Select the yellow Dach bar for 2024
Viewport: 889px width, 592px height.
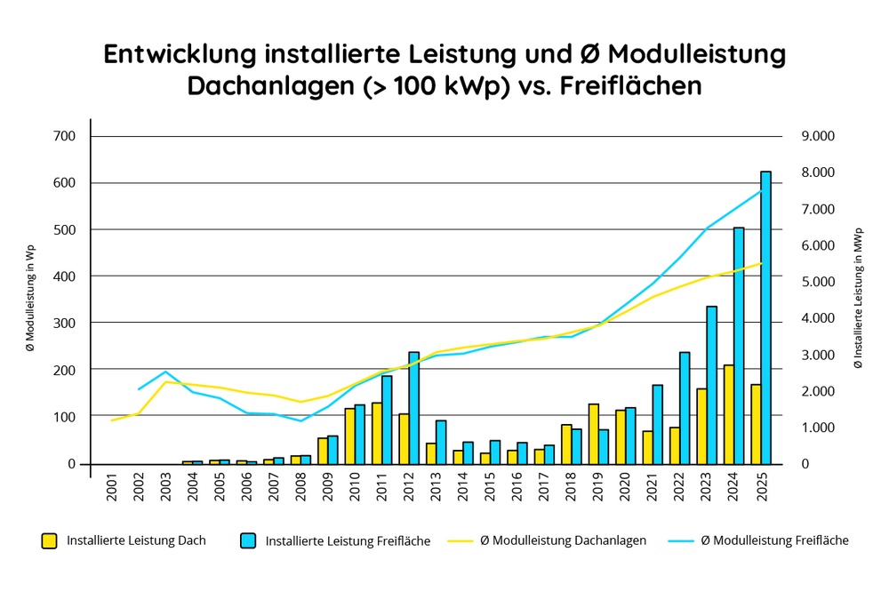click(x=728, y=414)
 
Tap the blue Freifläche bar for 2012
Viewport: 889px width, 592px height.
click(x=413, y=408)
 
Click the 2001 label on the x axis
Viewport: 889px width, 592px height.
click(x=112, y=488)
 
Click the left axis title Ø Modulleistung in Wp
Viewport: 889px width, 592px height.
click(x=29, y=300)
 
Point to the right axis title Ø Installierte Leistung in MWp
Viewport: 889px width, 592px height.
click(x=858, y=300)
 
